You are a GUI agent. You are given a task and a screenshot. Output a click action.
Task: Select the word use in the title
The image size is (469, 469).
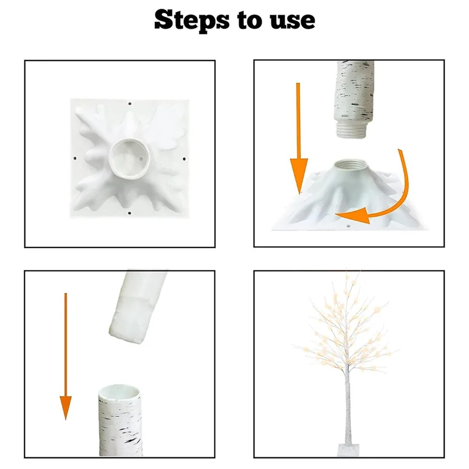pyautogui.click(x=294, y=21)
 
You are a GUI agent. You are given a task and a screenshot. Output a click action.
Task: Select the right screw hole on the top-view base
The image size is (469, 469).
pyautogui.click(x=184, y=158)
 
